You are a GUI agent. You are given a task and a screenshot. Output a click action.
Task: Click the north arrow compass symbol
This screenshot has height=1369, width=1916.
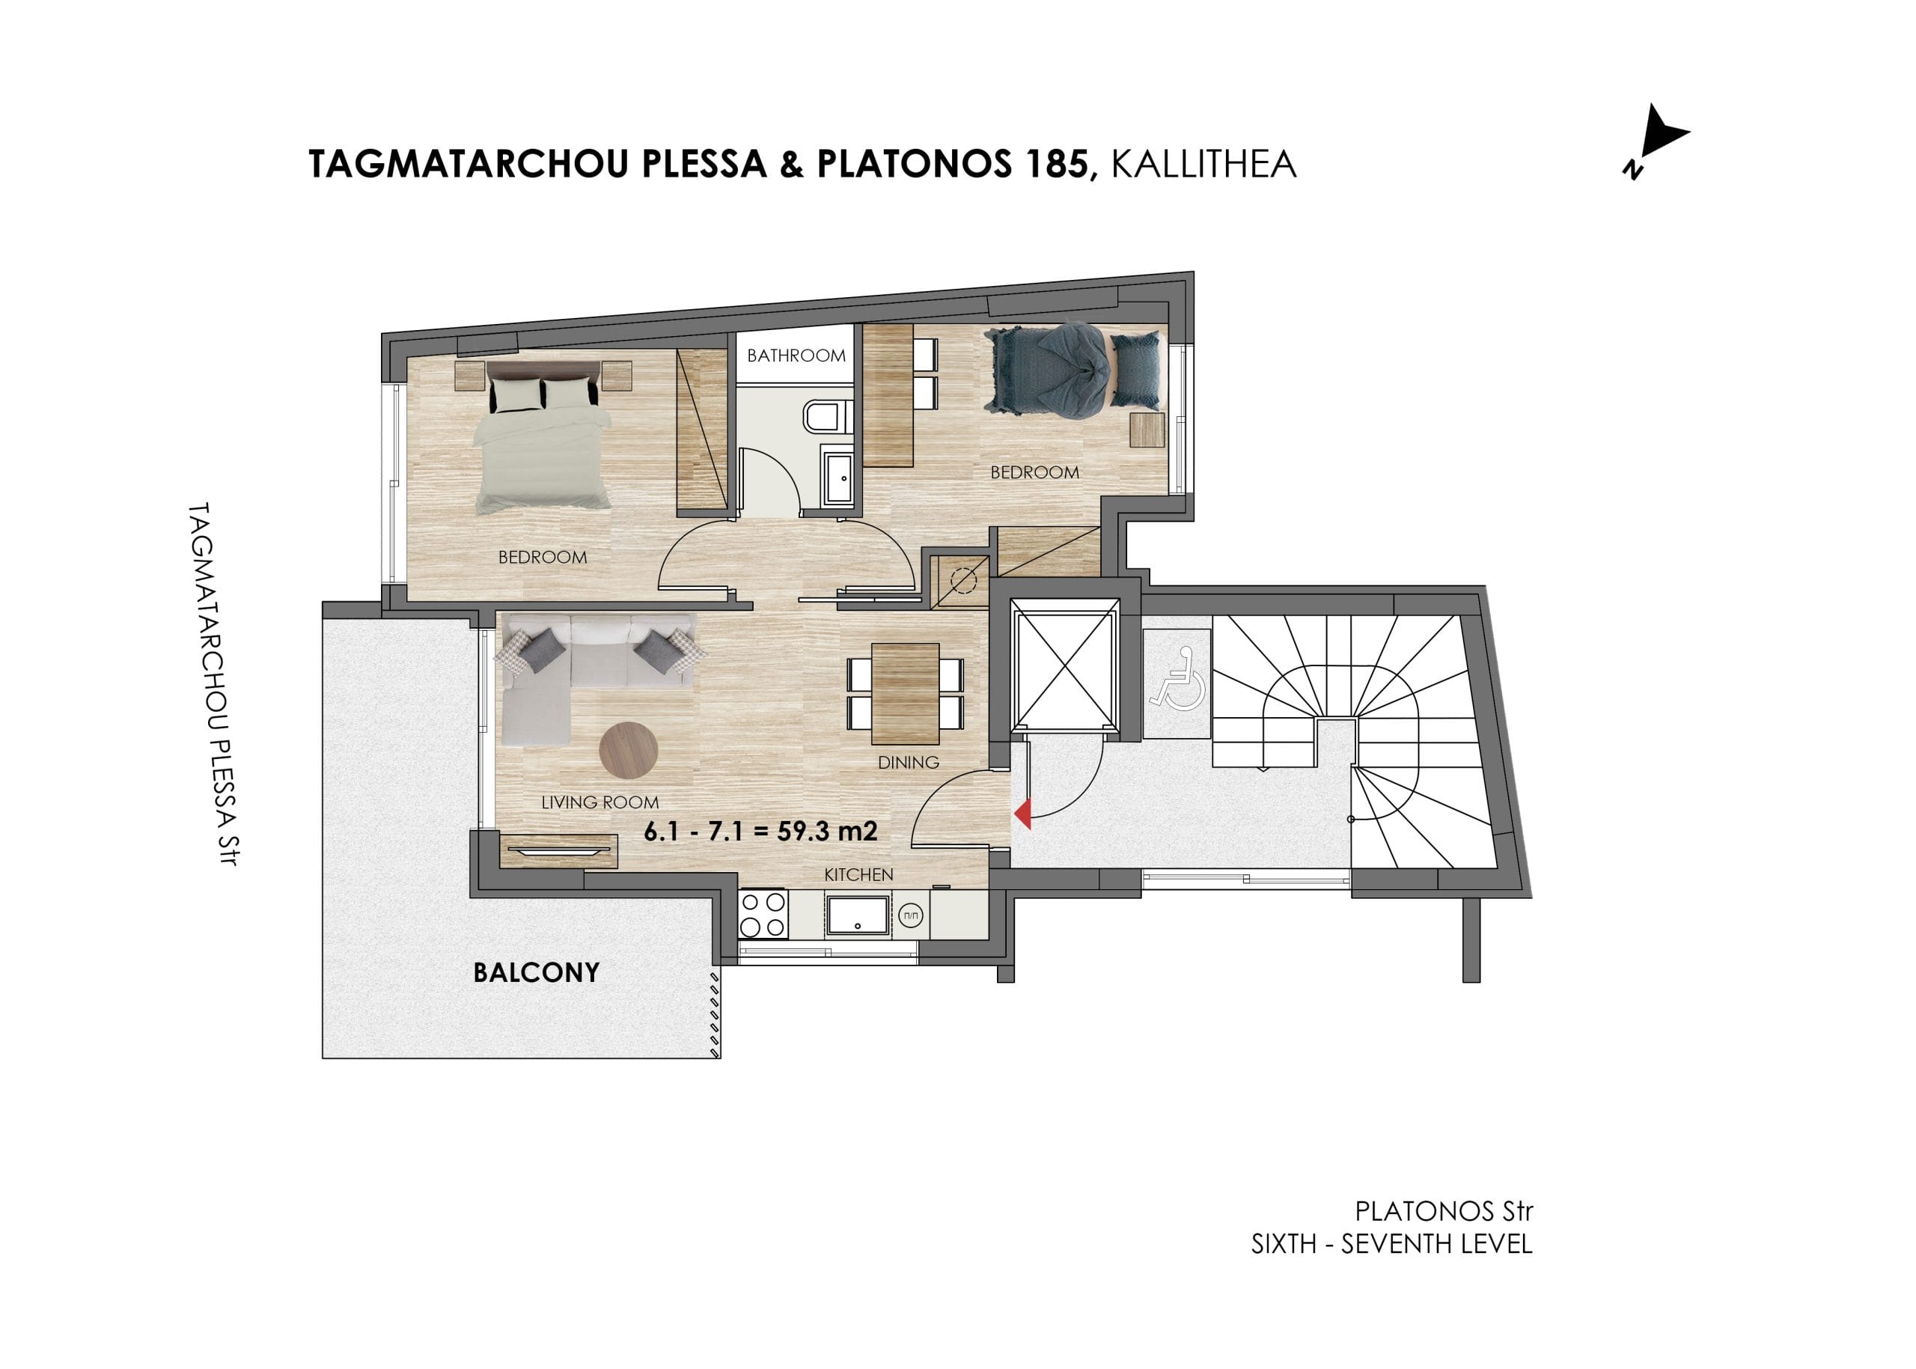point(1655,142)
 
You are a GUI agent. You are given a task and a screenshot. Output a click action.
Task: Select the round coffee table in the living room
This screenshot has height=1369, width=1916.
point(628,750)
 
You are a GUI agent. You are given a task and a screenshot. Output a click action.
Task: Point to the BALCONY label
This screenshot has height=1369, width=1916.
point(536,973)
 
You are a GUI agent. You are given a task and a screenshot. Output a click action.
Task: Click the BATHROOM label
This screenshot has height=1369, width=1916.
point(796,356)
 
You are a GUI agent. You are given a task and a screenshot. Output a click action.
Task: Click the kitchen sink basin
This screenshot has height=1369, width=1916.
point(857,915)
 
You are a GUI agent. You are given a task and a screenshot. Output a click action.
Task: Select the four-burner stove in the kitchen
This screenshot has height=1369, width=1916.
point(763,915)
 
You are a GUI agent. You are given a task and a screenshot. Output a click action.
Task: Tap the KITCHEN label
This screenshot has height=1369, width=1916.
point(858,875)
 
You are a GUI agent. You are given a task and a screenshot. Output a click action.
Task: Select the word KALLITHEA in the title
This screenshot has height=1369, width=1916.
point(1203,165)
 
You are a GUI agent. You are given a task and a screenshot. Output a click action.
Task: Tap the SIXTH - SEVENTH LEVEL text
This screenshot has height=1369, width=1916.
point(1391,1244)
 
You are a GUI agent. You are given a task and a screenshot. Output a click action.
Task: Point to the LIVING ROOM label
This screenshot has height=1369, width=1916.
point(599,802)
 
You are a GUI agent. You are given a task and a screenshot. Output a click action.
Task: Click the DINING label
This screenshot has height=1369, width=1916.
point(908,762)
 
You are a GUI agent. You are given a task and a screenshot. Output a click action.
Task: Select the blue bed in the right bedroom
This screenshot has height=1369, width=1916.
point(1073,371)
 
